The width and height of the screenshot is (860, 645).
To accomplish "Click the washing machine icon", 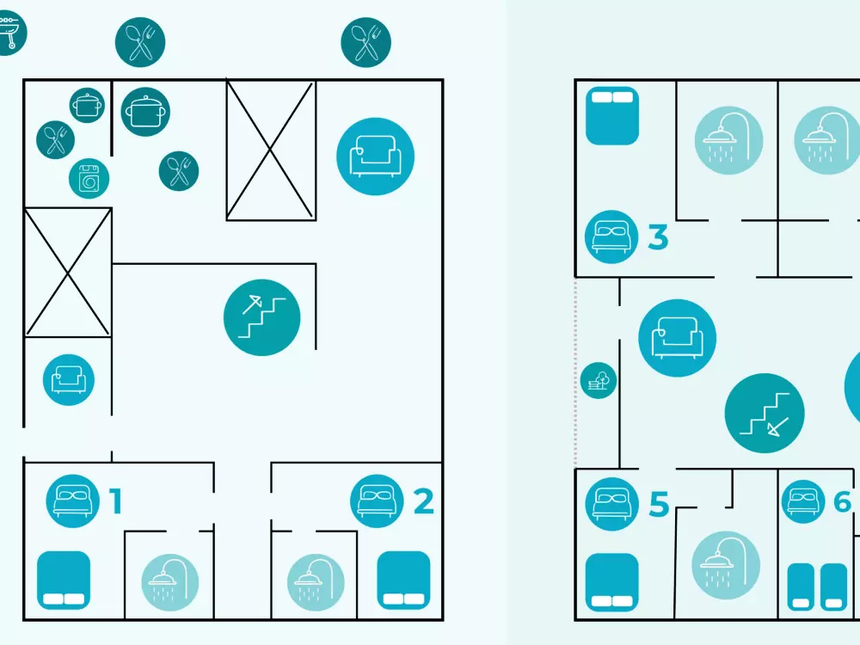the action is pos(89,179).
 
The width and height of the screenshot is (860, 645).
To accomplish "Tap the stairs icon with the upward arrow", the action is pos(262,317).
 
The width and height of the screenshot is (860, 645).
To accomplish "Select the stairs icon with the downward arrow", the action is pos(765,413).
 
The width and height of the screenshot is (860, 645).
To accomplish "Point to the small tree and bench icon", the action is pos(599,380).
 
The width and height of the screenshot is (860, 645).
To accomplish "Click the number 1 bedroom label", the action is pos(115,501).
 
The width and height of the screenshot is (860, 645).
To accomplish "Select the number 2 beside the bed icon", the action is pos(423,501).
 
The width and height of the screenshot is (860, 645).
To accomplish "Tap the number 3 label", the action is pos(658,237).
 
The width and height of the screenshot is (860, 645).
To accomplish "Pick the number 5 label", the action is pos(660,504).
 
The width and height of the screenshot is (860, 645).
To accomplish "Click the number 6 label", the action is pos(842,501).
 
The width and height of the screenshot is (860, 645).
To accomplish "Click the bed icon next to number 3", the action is pos(611,237).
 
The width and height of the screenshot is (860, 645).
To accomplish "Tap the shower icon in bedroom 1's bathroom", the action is pos(170,582).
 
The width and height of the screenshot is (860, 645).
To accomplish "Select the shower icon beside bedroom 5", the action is pos(726,565).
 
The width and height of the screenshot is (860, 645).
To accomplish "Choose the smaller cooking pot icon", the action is pos(87,105).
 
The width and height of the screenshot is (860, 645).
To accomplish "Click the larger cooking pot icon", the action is pos(145,112).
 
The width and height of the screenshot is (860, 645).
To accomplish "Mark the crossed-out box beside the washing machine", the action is pos(67,272).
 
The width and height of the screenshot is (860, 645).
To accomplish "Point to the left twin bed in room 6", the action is pos(801,587).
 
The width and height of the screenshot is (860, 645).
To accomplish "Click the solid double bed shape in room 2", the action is pos(403,580).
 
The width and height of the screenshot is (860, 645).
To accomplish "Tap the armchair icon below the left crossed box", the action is pos(69,380).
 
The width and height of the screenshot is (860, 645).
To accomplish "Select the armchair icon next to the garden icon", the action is pos(678,338).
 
